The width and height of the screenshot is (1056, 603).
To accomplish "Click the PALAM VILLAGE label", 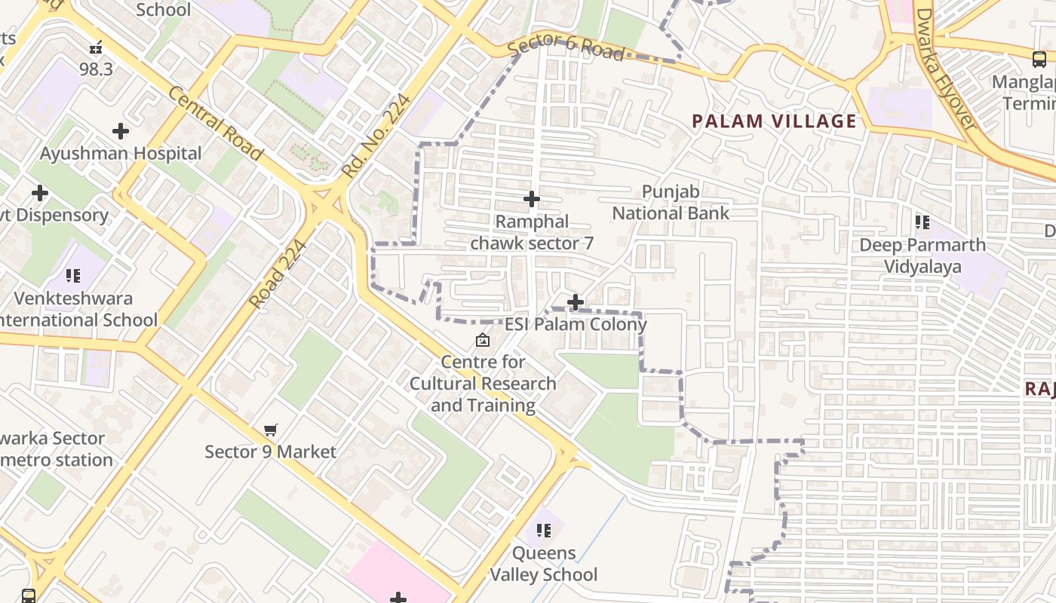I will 774,121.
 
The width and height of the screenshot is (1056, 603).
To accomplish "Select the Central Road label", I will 216,124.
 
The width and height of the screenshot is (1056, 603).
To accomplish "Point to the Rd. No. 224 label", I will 375,136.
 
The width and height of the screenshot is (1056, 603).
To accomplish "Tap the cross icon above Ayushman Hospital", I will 120,131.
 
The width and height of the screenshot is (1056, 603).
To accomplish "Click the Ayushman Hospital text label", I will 121,154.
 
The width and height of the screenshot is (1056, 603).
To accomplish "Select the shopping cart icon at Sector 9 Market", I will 271,430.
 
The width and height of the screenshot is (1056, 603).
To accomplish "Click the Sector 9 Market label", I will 271,452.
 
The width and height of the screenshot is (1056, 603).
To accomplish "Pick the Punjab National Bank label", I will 671,203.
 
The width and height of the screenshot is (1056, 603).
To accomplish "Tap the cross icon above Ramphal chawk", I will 532,199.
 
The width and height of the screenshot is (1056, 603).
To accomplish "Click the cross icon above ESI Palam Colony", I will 576,302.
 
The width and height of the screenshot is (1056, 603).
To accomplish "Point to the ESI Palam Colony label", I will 576,325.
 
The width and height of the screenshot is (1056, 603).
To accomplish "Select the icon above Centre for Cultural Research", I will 483,340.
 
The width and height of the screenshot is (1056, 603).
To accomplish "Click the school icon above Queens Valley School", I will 544,531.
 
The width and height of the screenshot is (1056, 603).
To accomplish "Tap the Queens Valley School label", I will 544,564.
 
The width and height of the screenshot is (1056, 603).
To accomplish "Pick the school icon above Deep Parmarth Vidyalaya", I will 922,222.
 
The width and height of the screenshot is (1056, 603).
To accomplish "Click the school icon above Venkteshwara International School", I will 72,276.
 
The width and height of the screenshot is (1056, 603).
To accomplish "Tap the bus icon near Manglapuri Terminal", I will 1039,59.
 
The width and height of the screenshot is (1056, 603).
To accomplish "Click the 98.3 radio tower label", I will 96,69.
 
